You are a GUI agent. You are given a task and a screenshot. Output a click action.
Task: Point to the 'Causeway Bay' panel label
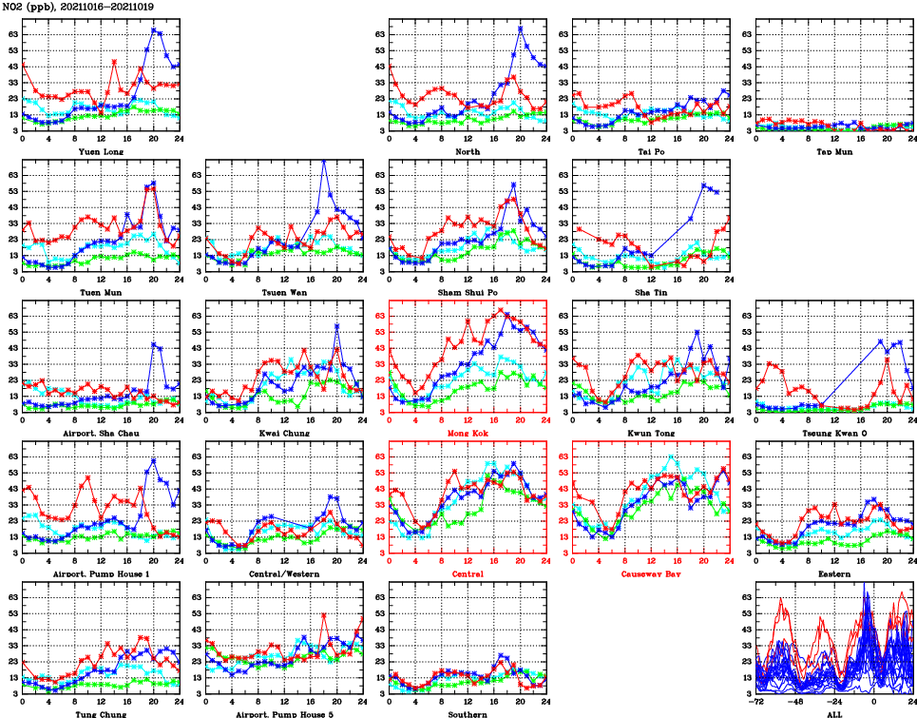click(x=651, y=574)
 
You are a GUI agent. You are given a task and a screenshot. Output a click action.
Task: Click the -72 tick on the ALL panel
click(x=758, y=704)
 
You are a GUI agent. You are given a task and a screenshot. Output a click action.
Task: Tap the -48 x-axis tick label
click(x=797, y=704)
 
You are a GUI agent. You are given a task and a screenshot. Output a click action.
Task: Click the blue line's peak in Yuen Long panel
click(x=154, y=29)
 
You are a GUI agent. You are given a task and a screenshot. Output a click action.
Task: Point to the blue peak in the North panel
click(x=521, y=28)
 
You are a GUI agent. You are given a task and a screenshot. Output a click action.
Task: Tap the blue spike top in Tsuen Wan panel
click(x=324, y=161)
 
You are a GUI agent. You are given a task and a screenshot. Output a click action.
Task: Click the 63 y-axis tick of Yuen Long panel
click(x=13, y=33)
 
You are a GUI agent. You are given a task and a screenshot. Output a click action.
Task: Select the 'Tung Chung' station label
click(x=101, y=714)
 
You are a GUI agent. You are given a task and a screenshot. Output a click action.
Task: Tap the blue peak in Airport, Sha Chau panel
click(x=154, y=343)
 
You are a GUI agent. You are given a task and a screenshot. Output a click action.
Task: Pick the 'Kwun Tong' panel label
click(x=651, y=434)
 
